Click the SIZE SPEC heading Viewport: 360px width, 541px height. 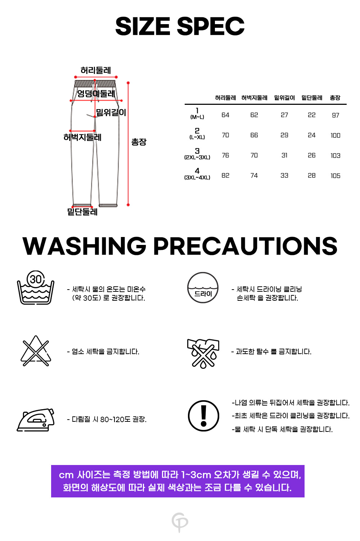click(x=180, y=26)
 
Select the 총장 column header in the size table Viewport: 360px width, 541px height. click(x=335, y=98)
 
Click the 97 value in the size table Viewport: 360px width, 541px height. click(x=336, y=115)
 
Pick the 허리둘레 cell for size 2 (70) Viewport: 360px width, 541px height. click(x=225, y=135)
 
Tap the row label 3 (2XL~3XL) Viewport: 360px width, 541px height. click(x=197, y=154)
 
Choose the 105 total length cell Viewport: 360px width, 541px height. click(x=336, y=176)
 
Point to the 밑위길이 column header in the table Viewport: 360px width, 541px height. click(x=284, y=98)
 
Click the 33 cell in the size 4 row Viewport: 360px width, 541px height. click(x=284, y=175)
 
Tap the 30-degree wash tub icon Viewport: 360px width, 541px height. click(x=36, y=287)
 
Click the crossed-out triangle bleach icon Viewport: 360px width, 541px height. click(x=36, y=351)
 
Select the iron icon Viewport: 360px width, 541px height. click(x=36, y=420)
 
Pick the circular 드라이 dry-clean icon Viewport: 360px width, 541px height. click(x=203, y=288)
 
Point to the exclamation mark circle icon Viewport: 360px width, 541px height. click(x=203, y=416)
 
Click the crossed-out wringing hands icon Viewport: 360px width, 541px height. click(x=203, y=353)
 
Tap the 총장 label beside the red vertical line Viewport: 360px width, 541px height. click(x=139, y=142)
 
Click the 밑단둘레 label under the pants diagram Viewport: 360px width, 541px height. click(x=82, y=212)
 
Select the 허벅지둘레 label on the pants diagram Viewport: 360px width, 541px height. click(x=82, y=137)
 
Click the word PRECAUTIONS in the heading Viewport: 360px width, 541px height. click(x=245, y=246)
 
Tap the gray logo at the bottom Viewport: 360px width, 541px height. click(x=180, y=522)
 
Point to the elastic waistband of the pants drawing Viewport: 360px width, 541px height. click(x=95, y=84)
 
